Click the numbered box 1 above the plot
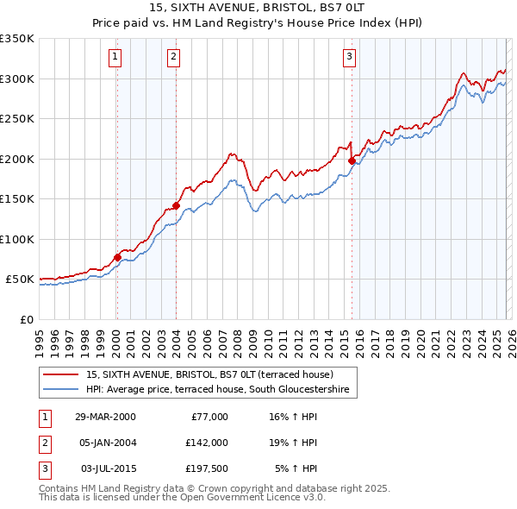click(x=115, y=57)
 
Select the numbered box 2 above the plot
click(x=173, y=57)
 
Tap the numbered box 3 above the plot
click(x=350, y=57)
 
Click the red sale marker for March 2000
click(x=117, y=257)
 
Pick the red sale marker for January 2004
click(x=176, y=205)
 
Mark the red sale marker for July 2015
click(x=352, y=160)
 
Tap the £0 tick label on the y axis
click(x=26, y=319)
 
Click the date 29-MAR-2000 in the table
click(x=104, y=417)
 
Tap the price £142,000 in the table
click(x=207, y=442)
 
